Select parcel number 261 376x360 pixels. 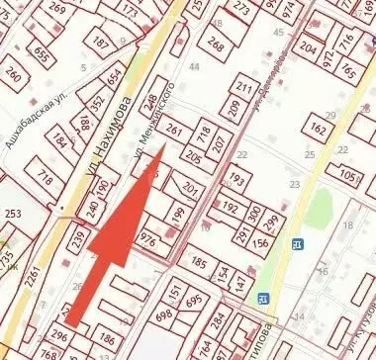click(174, 131)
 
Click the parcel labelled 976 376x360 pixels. click(148, 240)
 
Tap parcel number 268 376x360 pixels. click(216, 45)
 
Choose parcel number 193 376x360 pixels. click(235, 181)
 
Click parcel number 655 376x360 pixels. click(42, 51)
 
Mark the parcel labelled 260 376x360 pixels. click(13, 73)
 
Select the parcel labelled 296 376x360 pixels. click(59, 337)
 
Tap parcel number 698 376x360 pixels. click(163, 314)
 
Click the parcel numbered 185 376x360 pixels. click(199, 263)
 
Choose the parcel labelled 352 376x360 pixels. click(97, 103)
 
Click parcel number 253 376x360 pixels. click(12, 214)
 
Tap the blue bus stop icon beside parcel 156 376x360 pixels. click(296, 244)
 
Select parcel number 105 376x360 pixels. click(348, 175)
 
